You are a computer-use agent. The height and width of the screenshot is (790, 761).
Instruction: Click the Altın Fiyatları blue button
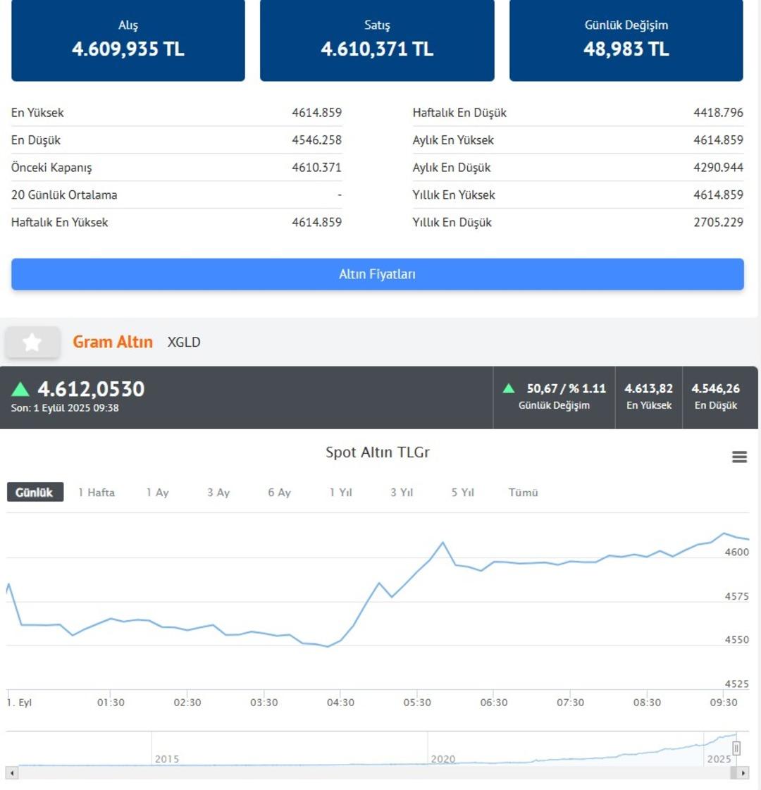point(377,274)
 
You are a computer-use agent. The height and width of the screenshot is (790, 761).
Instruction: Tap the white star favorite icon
point(32,342)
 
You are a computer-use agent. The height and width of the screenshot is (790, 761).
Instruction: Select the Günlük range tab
point(35,492)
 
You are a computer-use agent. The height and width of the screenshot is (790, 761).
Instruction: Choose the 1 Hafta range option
point(97,493)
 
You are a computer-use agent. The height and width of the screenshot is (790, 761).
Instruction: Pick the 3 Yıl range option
point(402,493)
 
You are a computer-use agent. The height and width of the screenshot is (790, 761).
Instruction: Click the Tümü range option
point(523,493)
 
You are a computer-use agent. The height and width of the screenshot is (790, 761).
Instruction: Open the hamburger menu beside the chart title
point(739,457)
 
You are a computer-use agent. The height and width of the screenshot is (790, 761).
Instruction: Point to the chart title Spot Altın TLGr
point(377,452)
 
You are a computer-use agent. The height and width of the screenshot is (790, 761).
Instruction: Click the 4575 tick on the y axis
point(736,596)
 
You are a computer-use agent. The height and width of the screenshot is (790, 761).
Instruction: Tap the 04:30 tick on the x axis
point(340,703)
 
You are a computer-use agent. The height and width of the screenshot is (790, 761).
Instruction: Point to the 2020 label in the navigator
point(443,759)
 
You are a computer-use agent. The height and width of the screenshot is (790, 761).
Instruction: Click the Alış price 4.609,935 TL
point(128,49)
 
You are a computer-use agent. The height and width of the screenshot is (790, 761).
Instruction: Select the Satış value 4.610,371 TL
point(377,49)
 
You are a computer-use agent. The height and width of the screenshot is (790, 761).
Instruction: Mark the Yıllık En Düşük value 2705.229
point(718,222)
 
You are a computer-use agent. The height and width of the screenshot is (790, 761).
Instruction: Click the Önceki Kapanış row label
point(51,167)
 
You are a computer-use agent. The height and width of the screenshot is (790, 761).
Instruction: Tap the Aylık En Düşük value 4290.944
point(718,167)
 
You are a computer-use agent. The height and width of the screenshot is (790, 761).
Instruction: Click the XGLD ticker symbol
point(184,342)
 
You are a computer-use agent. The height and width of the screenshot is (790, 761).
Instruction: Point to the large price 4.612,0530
point(91,388)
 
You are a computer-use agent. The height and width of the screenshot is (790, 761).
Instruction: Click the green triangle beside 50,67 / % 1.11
point(509,388)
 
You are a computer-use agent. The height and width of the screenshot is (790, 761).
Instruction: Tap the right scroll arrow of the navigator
point(743,773)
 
